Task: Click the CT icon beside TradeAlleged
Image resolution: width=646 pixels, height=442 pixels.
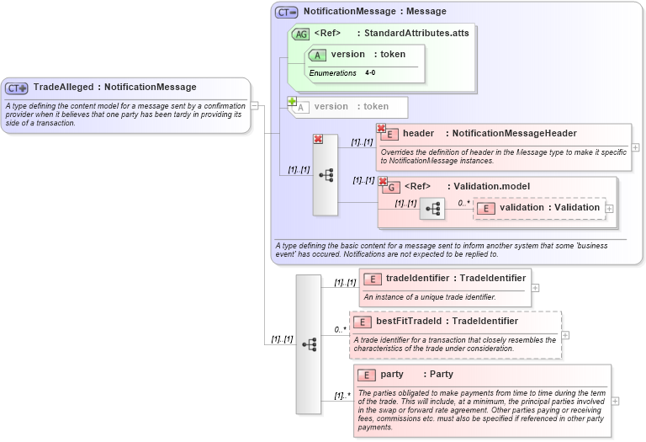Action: point(17,88)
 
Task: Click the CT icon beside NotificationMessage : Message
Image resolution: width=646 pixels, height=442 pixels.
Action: point(287,13)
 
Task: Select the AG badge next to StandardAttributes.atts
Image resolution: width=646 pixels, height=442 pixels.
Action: point(300,34)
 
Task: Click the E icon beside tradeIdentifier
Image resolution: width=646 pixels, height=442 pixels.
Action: point(372,279)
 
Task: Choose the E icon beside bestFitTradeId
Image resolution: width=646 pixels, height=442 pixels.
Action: point(362,322)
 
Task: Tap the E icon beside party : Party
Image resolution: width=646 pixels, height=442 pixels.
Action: point(366,375)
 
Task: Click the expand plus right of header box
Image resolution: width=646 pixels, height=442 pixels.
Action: point(635,147)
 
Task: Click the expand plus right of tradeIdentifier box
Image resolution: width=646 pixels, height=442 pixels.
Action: point(535,287)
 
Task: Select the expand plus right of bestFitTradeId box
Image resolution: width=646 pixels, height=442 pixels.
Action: point(565,335)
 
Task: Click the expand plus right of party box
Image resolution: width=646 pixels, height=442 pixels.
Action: point(615,401)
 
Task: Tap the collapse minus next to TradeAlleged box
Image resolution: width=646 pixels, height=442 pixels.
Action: point(255,106)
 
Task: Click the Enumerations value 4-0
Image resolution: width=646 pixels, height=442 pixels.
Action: point(370,73)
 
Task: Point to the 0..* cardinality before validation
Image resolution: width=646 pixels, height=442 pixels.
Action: point(463,203)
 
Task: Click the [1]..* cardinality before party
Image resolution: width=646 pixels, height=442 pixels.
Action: point(342,395)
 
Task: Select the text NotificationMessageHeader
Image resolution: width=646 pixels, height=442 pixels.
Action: point(514,133)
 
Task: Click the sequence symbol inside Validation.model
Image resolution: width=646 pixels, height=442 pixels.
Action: point(432,208)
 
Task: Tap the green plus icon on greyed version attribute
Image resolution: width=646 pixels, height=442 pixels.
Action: point(292,102)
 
